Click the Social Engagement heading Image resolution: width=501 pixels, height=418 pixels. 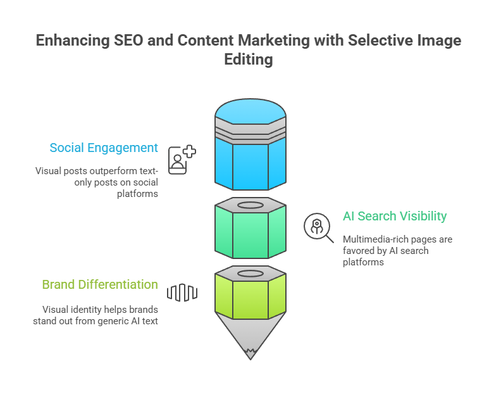click(104, 148)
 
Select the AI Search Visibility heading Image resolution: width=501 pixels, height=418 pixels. click(395, 216)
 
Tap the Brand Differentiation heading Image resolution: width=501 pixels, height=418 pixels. click(100, 284)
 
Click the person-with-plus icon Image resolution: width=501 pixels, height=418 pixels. click(181, 160)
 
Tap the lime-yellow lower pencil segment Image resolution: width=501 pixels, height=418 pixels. click(250, 298)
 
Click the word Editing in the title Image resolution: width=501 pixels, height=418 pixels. click(249, 60)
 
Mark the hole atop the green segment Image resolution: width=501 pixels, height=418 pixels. click(250, 205)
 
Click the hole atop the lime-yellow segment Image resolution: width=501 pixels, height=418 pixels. click(250, 274)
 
